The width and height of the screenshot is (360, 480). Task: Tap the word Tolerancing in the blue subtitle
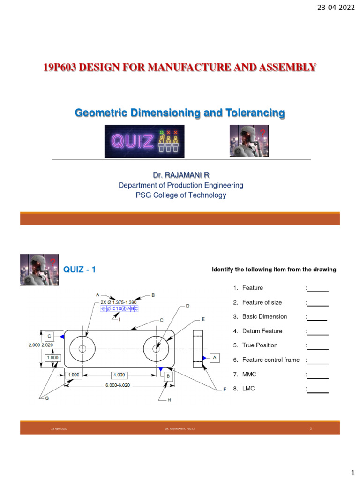pyautogui.click(x=256, y=113)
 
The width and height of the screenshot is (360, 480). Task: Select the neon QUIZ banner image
pyautogui.click(x=144, y=141)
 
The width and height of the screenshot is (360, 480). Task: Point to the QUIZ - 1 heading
pyautogui.click(x=80, y=269)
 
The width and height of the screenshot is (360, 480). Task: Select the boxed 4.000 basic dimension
pyautogui.click(x=119, y=375)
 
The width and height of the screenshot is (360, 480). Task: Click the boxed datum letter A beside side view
pyautogui.click(x=215, y=358)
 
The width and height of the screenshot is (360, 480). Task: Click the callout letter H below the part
pyautogui.click(x=169, y=400)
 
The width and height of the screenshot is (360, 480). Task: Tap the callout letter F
pyautogui.click(x=224, y=389)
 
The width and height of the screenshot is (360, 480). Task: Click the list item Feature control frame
pyautogui.click(x=270, y=360)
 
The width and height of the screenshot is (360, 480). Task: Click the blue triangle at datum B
pyautogui.click(x=161, y=369)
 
